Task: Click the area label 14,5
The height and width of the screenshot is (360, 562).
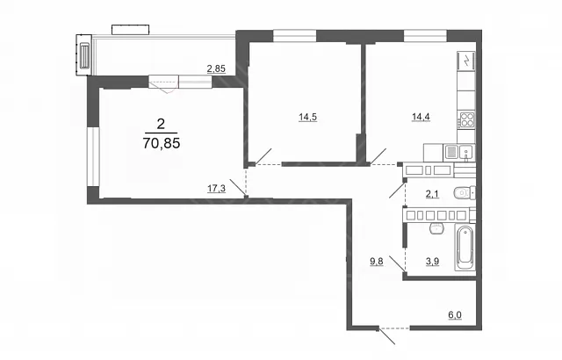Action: point(308,117)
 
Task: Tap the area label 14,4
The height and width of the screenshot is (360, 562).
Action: point(421,117)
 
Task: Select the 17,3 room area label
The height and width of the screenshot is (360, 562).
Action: point(217,189)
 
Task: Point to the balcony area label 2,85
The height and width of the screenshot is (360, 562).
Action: point(216,68)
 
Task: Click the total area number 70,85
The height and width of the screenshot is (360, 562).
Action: point(162,143)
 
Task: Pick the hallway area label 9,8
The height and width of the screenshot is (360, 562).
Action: point(377,262)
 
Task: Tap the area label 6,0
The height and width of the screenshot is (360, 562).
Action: point(455,315)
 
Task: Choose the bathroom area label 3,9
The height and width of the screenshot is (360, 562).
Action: point(432,262)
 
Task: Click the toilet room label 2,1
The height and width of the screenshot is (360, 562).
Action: point(432,194)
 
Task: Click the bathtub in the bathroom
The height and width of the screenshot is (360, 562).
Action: point(465,247)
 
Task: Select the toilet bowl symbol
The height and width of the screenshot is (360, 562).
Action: point(465,193)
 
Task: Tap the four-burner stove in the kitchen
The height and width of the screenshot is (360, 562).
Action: point(467,119)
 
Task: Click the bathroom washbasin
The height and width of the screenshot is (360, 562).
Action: point(436,228)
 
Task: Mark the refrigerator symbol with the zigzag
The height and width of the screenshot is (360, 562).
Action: point(466,61)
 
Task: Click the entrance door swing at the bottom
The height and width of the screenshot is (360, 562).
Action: point(387,335)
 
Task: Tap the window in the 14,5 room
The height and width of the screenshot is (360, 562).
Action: point(295,36)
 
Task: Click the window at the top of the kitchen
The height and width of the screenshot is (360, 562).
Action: point(425,36)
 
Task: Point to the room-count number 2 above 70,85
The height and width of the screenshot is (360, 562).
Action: point(161,124)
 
